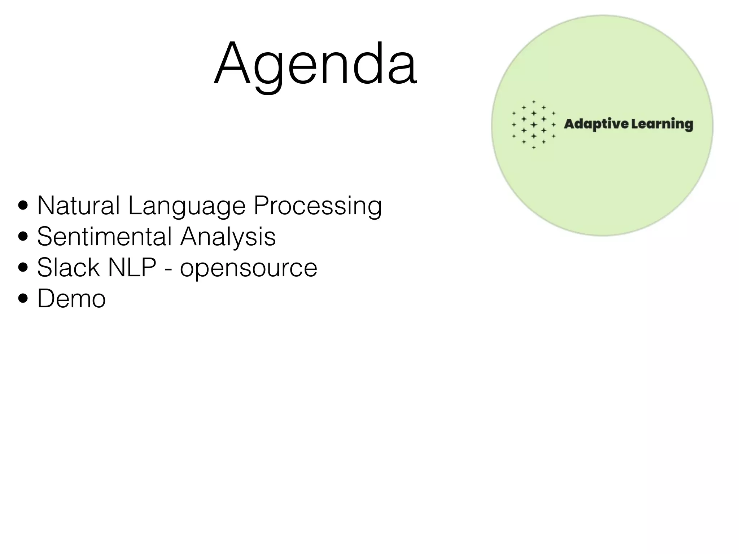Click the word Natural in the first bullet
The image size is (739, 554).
(x=78, y=206)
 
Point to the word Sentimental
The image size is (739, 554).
(x=105, y=237)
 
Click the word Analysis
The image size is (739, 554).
(x=228, y=237)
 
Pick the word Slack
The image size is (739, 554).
(x=68, y=268)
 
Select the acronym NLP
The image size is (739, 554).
(x=132, y=268)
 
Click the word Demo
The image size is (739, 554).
(x=71, y=299)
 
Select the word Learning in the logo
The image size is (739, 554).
(x=662, y=124)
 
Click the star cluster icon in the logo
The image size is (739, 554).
(x=534, y=125)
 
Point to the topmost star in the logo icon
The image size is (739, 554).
(x=534, y=102)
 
